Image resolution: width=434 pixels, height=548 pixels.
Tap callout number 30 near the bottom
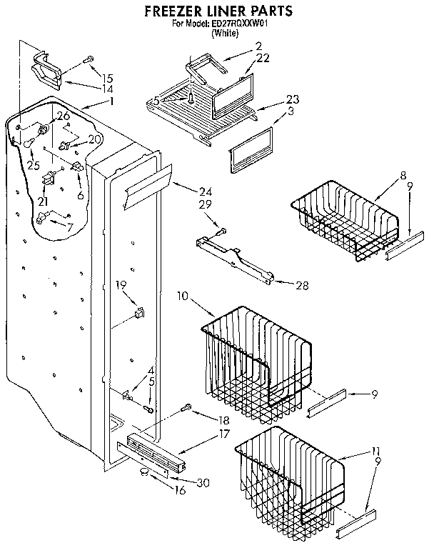pos(203,482)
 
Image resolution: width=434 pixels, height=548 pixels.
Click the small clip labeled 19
pos(139,312)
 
